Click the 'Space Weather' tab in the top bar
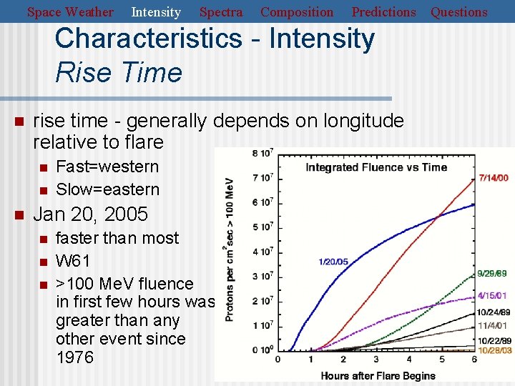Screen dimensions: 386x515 70,12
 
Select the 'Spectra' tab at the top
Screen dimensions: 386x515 220,12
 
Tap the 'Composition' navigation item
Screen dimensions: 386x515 297,12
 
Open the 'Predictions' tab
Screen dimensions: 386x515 383,12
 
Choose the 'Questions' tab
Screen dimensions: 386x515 458,12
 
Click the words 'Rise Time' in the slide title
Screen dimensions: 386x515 119,72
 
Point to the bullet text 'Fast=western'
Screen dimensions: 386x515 107,167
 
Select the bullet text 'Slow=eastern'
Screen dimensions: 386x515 107,189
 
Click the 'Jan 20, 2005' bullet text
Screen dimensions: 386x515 91,214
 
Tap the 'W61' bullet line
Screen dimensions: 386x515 74,261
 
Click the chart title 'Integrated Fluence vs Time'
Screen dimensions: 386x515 376,167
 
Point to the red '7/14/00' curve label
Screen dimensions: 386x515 494,178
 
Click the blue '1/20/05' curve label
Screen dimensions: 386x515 333,262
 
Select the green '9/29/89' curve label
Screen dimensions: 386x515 493,274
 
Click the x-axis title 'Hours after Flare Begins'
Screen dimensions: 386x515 378,375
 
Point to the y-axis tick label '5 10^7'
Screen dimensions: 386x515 263,227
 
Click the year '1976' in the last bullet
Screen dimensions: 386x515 74,357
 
